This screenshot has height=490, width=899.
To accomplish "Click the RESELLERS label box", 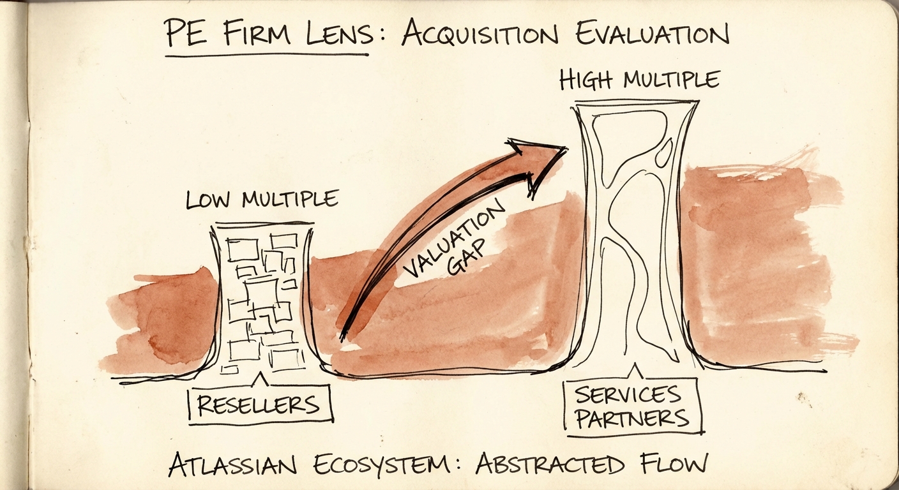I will [x=261, y=403].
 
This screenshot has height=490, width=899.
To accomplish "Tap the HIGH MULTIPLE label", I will [x=639, y=80].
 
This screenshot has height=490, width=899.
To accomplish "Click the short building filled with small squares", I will [x=262, y=300].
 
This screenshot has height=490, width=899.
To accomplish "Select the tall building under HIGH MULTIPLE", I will [x=635, y=236].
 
